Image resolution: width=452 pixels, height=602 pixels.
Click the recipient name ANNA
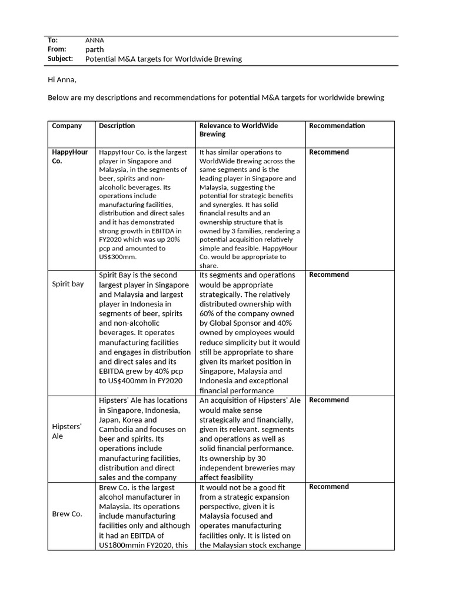coord(94,40)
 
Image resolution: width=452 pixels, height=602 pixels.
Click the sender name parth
coord(94,49)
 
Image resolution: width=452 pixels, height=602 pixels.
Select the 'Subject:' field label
coord(60,59)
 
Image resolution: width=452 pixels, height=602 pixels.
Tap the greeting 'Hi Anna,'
coord(62,79)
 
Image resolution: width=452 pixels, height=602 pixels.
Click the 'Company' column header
coord(67,126)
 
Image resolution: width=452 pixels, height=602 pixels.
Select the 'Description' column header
coord(117,126)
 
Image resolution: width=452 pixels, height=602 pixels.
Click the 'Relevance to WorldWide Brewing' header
coord(238,130)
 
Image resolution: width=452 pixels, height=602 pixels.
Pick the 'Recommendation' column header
coord(337,126)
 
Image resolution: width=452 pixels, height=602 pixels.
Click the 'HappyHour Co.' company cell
coord(69,156)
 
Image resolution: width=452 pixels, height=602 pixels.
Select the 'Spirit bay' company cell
coord(68,284)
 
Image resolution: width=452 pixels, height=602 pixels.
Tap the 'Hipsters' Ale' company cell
coord(67,431)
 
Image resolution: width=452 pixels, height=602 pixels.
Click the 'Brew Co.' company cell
coord(67,514)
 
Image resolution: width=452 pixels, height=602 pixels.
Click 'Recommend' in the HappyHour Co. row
coord(328,152)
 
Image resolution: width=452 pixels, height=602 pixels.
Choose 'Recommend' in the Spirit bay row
coord(328,275)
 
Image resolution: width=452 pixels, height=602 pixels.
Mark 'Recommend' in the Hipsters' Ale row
coord(328,400)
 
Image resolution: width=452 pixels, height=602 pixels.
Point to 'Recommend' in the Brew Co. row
coord(328,487)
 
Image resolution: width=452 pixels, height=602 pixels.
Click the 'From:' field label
coord(57,49)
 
